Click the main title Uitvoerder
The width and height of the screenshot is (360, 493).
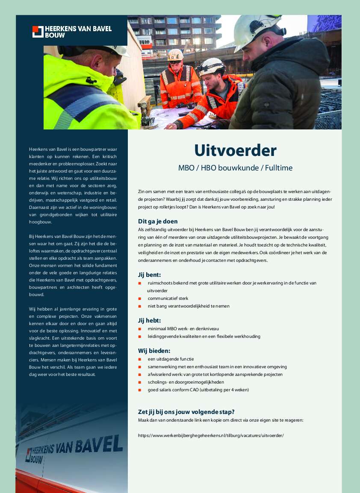click(x=235, y=150)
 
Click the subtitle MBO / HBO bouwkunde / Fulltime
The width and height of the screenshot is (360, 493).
click(x=235, y=168)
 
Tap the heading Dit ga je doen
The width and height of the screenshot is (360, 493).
click(x=157, y=221)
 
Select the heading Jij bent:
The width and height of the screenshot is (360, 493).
click(x=149, y=274)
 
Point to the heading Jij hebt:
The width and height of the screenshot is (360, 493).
click(x=149, y=320)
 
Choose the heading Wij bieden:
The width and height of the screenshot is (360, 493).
click(x=154, y=351)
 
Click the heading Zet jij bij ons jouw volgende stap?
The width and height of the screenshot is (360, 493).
click(x=186, y=412)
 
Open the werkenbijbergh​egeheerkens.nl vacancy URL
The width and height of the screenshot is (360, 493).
click(x=211, y=435)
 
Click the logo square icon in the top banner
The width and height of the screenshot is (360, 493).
click(x=38, y=32)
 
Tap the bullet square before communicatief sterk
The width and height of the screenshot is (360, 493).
click(x=139, y=299)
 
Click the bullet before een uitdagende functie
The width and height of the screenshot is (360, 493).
click(x=139, y=359)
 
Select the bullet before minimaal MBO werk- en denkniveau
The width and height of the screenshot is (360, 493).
click(x=139, y=329)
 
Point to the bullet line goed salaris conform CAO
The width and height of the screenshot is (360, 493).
click(x=198, y=390)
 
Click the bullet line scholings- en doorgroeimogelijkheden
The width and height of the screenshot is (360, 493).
click(x=186, y=382)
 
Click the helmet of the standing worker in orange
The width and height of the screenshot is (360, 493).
click(x=175, y=55)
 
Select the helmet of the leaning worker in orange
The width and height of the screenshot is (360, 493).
click(x=212, y=66)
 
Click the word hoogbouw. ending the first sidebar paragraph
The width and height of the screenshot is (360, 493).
click(x=40, y=223)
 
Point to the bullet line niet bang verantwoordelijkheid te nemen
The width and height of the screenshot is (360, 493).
click(x=189, y=306)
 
